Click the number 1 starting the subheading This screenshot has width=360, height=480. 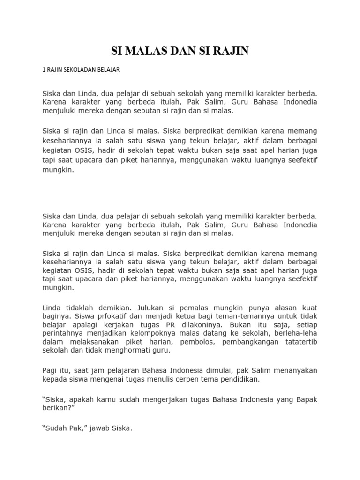pos(44,70)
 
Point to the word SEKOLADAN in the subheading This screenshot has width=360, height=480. pos(78,70)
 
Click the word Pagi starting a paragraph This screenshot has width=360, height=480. pos(50,370)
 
